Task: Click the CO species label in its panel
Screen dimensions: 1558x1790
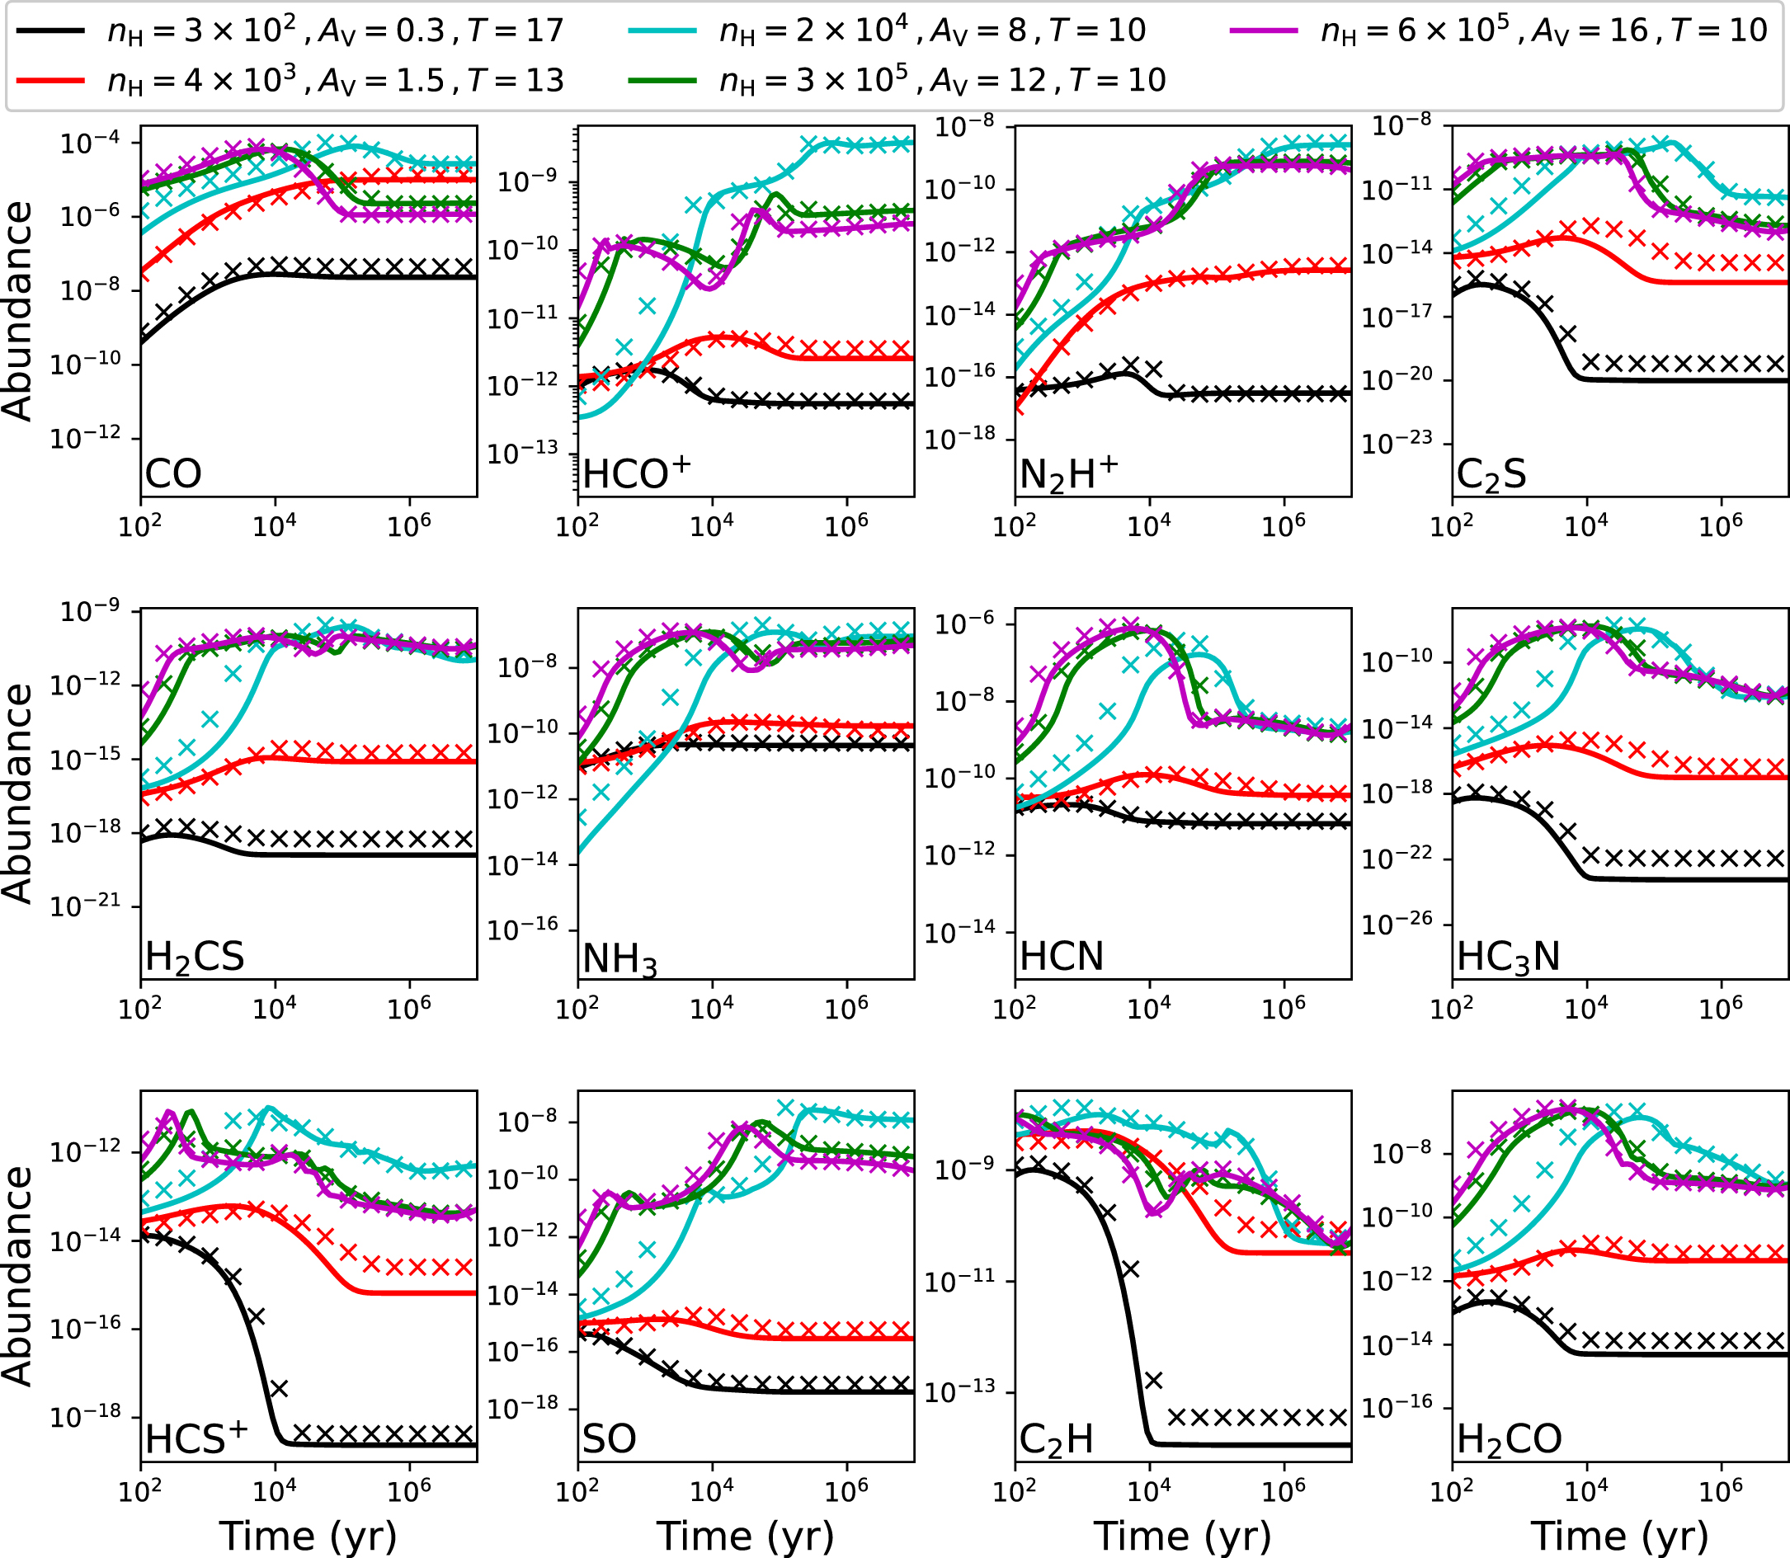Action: pos(173,475)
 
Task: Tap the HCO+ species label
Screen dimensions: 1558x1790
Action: pos(636,474)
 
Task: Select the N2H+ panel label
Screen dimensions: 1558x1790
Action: pos(1068,475)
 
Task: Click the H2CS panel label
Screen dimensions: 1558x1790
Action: pos(195,958)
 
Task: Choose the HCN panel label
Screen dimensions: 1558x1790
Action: pos(1062,958)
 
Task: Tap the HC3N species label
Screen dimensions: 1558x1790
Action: pos(1509,958)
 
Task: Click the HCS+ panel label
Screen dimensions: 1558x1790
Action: pos(196,1439)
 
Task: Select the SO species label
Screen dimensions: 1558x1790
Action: pos(609,1441)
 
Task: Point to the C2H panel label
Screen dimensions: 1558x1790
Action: pos(1055,1441)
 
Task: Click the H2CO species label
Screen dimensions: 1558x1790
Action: pos(1510,1441)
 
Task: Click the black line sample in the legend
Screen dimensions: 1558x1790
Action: pos(51,31)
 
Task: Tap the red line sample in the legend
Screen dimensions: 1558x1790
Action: pos(51,80)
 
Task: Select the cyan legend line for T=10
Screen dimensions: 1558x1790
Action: pos(662,31)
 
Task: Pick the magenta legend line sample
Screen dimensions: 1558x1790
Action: pos(1264,31)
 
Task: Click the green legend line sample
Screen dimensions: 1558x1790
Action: pos(662,80)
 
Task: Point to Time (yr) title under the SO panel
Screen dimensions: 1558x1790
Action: pos(745,1536)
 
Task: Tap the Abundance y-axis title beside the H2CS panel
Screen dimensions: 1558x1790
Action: pos(17,793)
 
